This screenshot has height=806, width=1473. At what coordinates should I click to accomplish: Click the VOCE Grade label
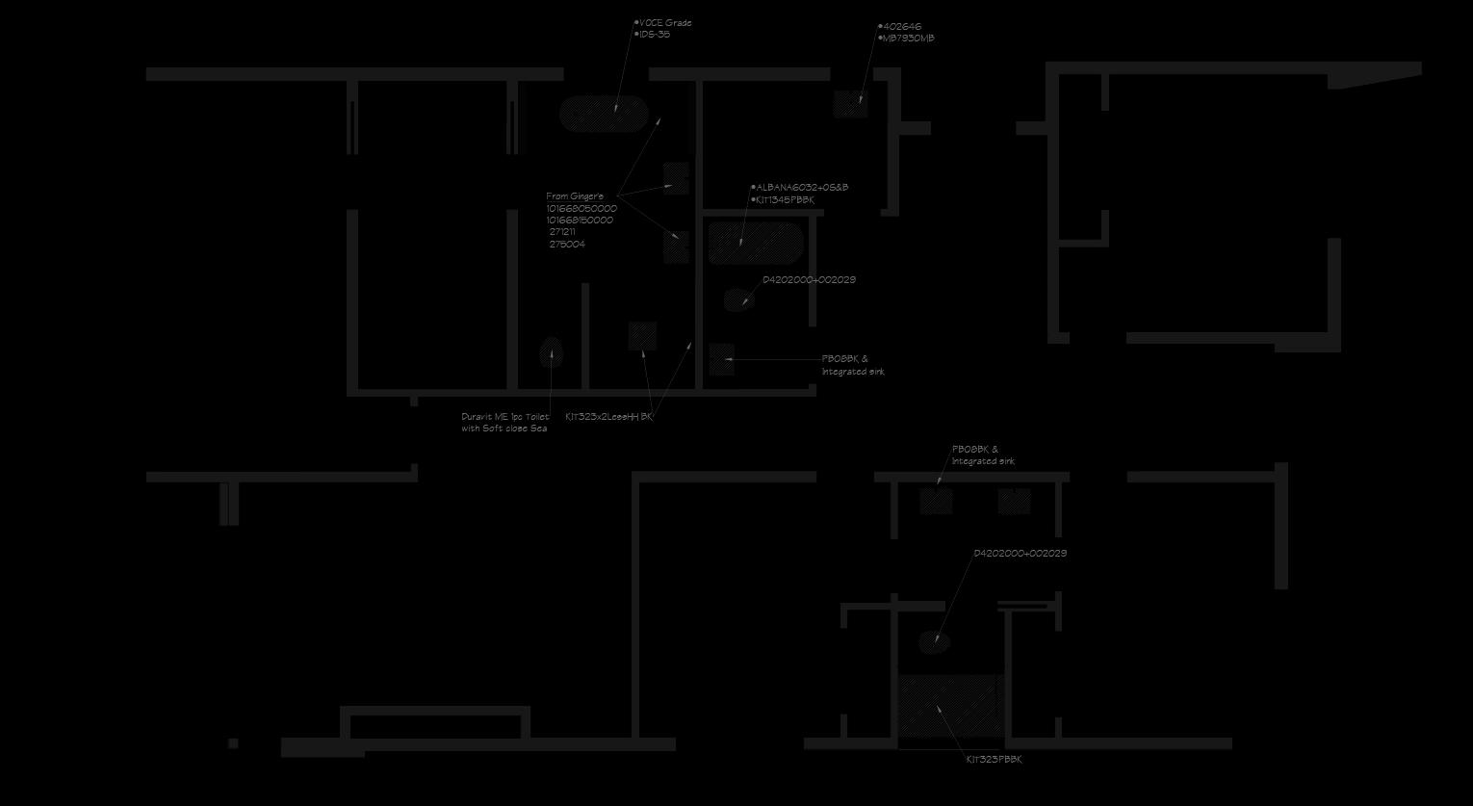click(x=665, y=23)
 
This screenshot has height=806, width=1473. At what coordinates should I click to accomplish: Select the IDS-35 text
click(x=655, y=35)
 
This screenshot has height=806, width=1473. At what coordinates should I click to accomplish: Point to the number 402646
click(x=902, y=27)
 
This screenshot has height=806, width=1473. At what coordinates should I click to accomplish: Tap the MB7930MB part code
click(x=909, y=39)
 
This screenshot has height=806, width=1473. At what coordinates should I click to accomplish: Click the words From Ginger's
click(x=575, y=196)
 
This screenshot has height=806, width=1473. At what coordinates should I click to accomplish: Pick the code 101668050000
click(x=581, y=209)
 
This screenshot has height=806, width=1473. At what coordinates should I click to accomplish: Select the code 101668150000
click(x=580, y=221)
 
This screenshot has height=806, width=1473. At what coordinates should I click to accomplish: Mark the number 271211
click(x=562, y=232)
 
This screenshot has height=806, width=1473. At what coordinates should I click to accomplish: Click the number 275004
click(x=567, y=245)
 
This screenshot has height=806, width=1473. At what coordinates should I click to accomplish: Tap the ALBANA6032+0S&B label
click(x=802, y=188)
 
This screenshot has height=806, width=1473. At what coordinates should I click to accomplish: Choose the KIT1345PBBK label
click(x=786, y=200)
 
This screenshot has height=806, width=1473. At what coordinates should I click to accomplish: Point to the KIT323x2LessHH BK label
click(x=608, y=417)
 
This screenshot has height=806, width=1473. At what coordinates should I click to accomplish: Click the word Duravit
click(x=477, y=417)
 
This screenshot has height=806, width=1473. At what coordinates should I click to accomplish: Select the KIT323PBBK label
click(x=995, y=760)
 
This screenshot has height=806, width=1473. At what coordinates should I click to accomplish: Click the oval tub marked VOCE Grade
click(x=604, y=114)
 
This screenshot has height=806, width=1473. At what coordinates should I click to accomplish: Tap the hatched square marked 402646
click(x=850, y=104)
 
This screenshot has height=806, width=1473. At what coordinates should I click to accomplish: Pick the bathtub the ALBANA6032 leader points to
click(x=756, y=243)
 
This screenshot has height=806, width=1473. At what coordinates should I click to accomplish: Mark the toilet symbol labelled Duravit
click(x=551, y=352)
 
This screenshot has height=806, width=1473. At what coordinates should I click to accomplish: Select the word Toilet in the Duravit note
click(x=537, y=417)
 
